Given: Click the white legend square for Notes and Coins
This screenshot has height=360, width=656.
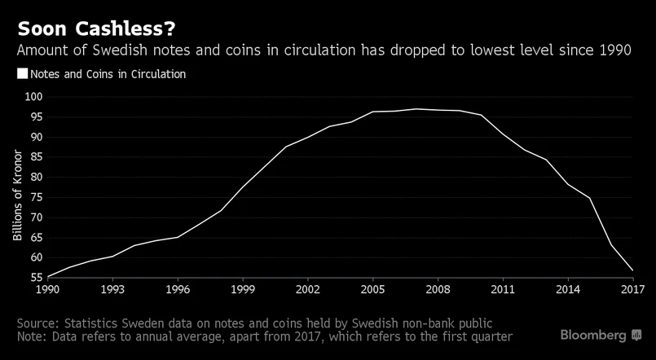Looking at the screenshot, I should [22, 74].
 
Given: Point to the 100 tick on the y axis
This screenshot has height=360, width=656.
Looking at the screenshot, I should [35, 97].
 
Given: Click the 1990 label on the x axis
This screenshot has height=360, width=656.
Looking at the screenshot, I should [47, 289].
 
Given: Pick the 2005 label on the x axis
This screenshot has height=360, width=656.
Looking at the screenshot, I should [372, 289].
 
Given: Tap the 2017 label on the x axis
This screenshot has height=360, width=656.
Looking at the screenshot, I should [632, 289].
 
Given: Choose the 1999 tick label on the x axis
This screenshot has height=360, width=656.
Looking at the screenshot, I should [242, 289].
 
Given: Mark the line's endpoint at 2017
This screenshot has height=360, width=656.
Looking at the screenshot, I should [633, 270].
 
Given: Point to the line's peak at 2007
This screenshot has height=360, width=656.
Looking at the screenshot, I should [416, 108].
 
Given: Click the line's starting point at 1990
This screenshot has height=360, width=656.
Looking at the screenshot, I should [47, 277].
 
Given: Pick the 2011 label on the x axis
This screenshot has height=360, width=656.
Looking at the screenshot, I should [503, 289].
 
